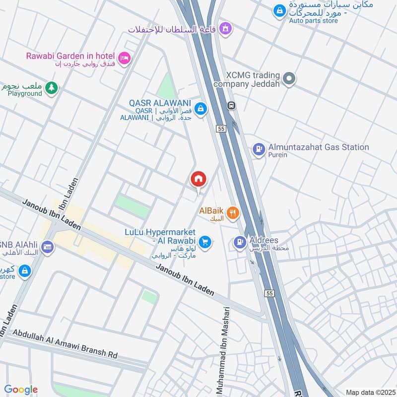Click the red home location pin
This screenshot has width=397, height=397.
pyautogui.click(x=198, y=179)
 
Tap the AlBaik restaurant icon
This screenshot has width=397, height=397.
pyautogui.click(x=233, y=213)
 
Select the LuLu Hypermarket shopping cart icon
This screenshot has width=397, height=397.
pyautogui.click(x=205, y=242)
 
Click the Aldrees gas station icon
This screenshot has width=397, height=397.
pyautogui.click(x=240, y=242)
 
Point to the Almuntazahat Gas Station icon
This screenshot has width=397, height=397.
pyautogui.click(x=259, y=148)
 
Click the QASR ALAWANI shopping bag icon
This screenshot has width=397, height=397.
pyautogui.click(x=200, y=109)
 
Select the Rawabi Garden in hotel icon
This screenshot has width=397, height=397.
pyautogui.click(x=124, y=58)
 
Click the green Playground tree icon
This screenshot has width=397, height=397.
pyautogui.click(x=51, y=88)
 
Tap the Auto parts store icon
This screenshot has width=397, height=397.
pyautogui.click(x=280, y=10)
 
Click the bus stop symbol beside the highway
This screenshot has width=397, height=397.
pyautogui.click(x=231, y=105)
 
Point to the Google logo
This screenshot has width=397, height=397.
pyautogui.click(x=21, y=390)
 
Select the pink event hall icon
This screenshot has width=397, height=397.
pyautogui.click(x=226, y=29)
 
